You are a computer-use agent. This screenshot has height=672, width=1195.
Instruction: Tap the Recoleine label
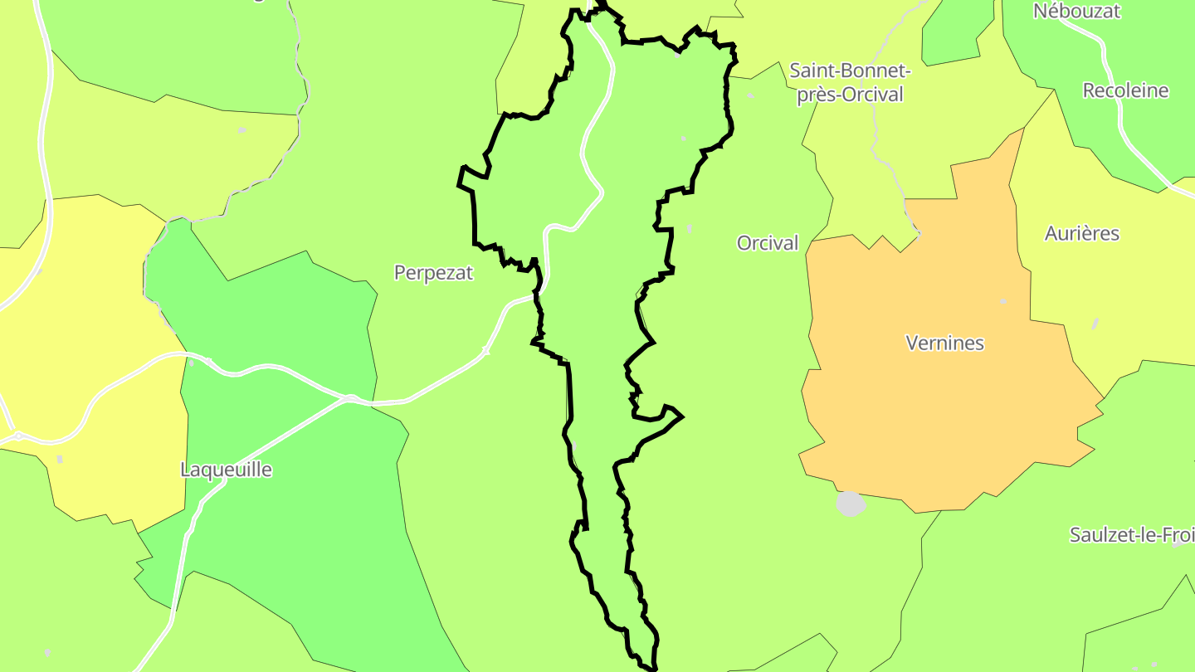1125,90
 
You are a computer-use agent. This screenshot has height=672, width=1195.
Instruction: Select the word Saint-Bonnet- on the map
851,70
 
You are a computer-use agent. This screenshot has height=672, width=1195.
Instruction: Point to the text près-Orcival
850,95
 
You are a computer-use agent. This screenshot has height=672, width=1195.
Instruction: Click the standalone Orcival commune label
768,243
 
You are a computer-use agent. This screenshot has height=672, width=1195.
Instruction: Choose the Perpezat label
433,272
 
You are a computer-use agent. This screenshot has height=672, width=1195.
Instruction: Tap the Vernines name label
944,343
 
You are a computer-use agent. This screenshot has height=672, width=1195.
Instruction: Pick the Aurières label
1081,234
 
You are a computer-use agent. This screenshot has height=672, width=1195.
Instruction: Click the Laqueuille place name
226,470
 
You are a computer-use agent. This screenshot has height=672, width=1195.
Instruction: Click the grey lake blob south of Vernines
851,504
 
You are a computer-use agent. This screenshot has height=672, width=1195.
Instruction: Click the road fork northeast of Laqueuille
349,400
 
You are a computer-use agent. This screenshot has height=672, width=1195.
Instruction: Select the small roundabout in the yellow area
17,436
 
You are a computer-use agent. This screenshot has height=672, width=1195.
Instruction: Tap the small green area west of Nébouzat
954,33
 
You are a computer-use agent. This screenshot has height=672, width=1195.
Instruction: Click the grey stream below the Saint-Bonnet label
876,141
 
